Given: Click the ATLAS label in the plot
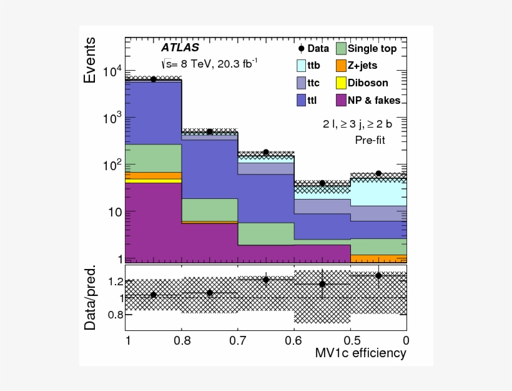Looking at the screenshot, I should (x=180, y=47).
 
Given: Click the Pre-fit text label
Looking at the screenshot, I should (x=370, y=140).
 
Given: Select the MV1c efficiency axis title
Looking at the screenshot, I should (x=360, y=353).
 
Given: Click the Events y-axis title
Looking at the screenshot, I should (x=91, y=61).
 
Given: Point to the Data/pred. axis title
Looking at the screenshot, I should (x=91, y=298).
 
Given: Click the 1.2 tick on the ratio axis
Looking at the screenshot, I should (x=115, y=282).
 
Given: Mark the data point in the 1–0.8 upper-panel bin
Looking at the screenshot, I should (x=154, y=79).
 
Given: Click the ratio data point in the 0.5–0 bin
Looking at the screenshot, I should (x=378, y=275).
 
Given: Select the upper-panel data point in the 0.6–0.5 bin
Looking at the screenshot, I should (x=322, y=183).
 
